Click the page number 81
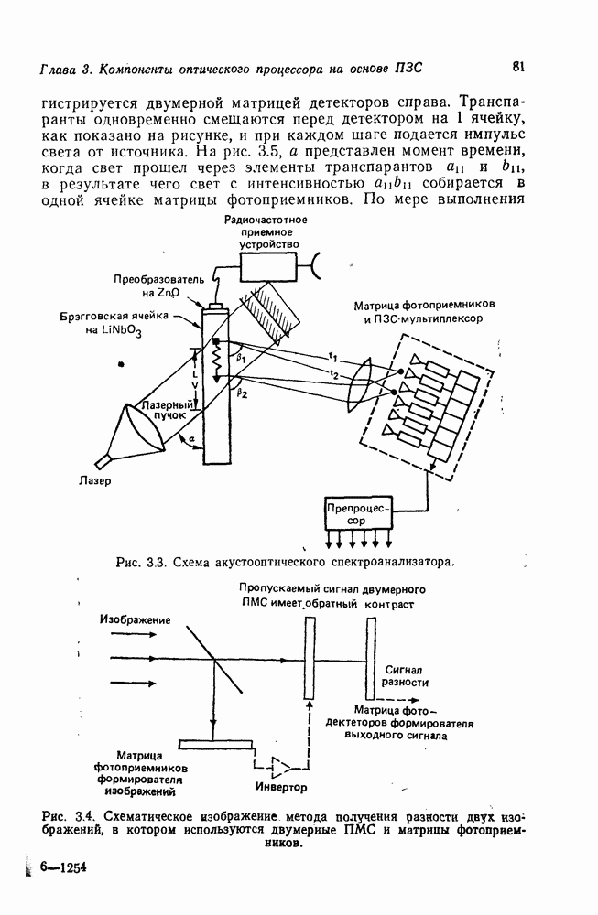518,65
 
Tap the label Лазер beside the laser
94,482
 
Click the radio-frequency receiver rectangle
270,266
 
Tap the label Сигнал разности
404,676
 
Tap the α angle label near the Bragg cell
192,440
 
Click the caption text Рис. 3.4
70,813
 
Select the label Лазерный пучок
167,409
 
